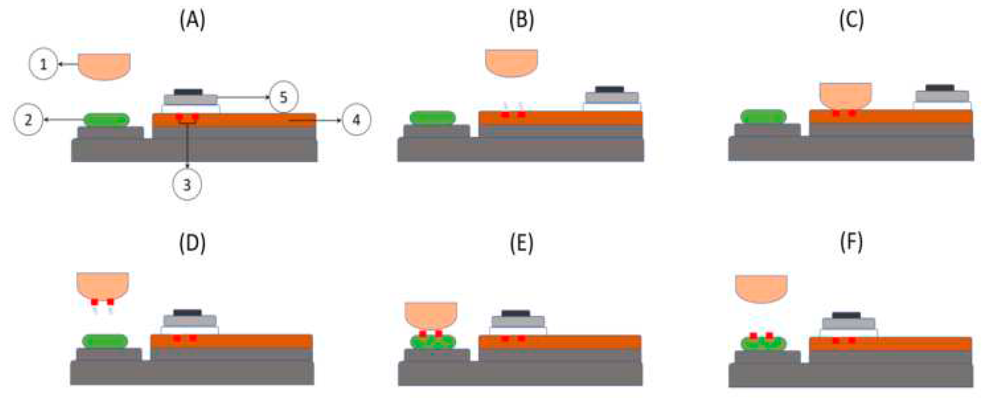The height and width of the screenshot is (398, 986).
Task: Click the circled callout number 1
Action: pos(43,64)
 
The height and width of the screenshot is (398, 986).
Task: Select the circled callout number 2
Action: pos(28,120)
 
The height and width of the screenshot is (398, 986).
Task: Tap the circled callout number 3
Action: pos(187,184)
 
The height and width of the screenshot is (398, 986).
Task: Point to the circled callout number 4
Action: pos(356,120)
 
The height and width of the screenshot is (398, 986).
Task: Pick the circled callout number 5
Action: pos(283,97)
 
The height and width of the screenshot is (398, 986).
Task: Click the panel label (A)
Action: pos(192,20)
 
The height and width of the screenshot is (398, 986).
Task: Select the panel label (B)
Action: pos(521,20)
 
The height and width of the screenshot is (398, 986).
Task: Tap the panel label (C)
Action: pos(851,20)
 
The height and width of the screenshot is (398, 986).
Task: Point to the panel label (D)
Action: pos(192,244)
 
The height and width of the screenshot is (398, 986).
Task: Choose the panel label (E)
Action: pos(521,244)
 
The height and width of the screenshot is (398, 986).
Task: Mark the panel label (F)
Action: pos(851,244)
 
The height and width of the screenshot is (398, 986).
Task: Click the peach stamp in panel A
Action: pos(104,66)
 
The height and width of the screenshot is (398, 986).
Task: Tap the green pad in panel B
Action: pos(432,118)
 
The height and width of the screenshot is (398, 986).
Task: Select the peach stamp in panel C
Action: pos(845,95)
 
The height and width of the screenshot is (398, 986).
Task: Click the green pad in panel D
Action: pos(105,341)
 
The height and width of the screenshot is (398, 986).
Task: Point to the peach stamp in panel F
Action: pos(761,288)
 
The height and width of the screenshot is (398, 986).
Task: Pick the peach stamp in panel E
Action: pos(430,314)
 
